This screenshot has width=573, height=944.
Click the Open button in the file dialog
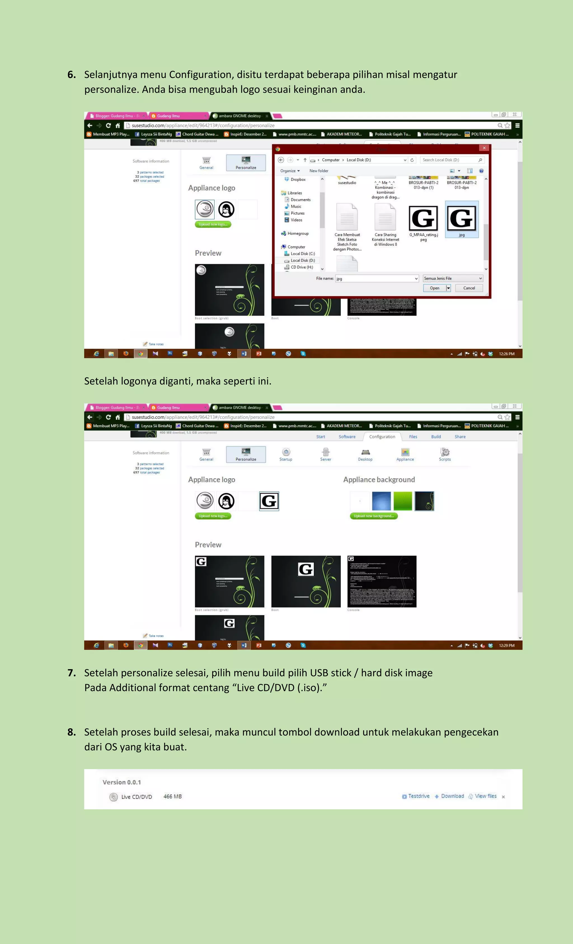tap(434, 288)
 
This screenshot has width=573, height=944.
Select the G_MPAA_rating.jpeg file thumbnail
tap(423, 219)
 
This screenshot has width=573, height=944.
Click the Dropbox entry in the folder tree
tap(298, 180)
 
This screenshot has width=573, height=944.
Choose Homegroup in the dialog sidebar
tap(298, 234)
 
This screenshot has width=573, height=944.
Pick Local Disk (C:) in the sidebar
tap(302, 254)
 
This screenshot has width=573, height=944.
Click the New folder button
tap(319, 171)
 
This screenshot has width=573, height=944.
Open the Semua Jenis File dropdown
tap(453, 278)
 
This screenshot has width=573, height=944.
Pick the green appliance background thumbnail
tap(403, 501)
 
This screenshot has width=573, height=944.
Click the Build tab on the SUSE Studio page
tap(436, 437)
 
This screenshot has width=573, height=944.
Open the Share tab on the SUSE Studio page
tap(460, 437)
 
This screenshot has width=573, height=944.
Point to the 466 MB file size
tap(172, 797)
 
